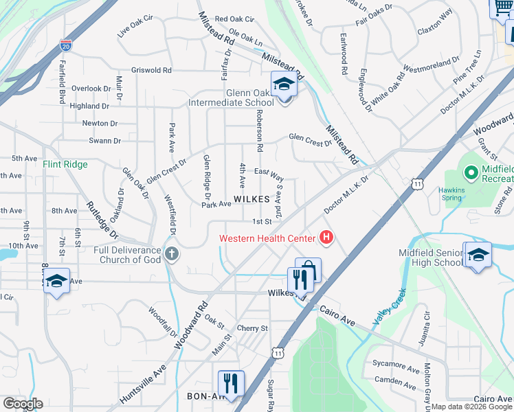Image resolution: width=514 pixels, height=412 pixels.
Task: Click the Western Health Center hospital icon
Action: tap(326, 238)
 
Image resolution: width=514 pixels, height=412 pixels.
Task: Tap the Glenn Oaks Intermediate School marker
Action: tap(282, 85)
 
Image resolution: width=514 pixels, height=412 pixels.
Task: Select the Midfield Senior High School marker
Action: tap(477, 255)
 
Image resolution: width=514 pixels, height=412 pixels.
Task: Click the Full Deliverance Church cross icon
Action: tap(172, 255)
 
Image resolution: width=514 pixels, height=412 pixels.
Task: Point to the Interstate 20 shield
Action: tap(66, 46)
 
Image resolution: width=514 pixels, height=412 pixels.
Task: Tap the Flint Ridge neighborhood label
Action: tap(65, 164)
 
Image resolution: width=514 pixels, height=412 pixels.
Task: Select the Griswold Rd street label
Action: tap(151, 70)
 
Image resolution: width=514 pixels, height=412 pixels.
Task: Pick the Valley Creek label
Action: tap(390, 306)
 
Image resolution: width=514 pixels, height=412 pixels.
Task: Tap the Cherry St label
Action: tap(252, 328)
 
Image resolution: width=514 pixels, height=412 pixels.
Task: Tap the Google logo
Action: tap(23, 404)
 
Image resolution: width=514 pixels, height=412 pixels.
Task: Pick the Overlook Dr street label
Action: tap(91, 89)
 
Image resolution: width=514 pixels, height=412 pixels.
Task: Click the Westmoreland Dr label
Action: tap(431, 66)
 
